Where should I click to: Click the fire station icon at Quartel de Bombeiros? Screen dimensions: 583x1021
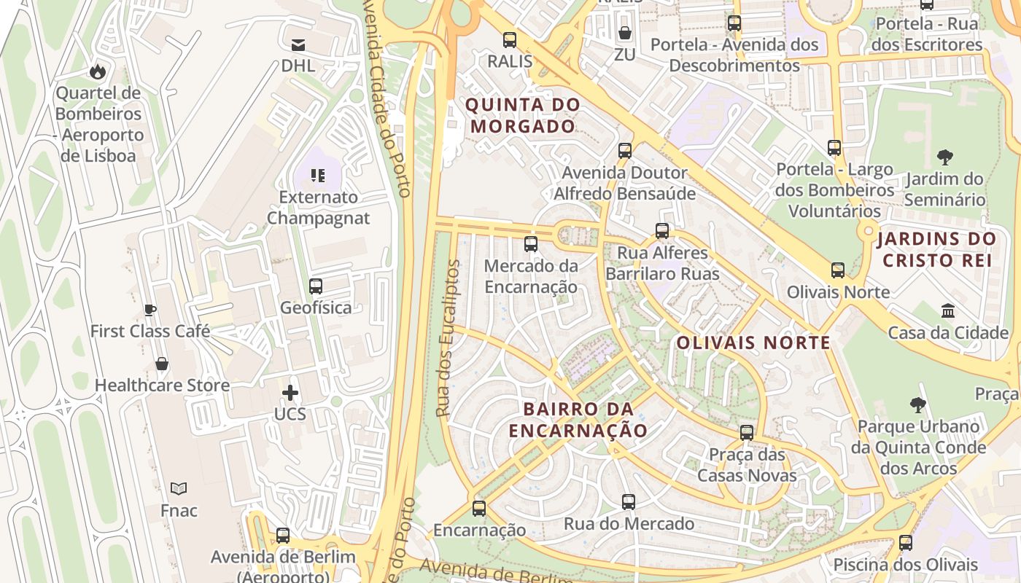(97, 71)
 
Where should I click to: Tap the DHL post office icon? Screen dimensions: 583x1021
(298, 44)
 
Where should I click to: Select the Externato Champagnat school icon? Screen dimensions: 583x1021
(318, 175)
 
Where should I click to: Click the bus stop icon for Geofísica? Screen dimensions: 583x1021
(316, 286)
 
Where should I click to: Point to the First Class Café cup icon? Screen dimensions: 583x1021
(150, 310)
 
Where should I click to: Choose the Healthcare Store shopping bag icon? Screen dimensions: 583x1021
(162, 364)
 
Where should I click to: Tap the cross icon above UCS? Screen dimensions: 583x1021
(290, 394)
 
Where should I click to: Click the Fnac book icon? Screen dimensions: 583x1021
(179, 488)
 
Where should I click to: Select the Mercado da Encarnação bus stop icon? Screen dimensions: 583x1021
(531, 244)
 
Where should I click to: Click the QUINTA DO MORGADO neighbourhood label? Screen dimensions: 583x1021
(523, 115)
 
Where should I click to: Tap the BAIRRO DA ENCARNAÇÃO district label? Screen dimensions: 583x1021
(578, 420)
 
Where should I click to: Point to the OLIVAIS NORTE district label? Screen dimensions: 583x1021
(753, 343)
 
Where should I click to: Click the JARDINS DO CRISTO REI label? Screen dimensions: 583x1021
(937, 249)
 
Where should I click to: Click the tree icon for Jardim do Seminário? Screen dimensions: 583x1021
(945, 157)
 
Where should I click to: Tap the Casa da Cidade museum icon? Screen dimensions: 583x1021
(948, 311)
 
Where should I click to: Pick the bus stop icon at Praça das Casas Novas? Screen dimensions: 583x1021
(747, 432)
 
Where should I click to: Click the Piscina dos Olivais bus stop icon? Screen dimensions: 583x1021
(906, 543)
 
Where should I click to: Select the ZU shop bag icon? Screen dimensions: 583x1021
(625, 33)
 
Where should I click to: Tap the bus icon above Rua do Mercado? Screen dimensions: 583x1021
(629, 502)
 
